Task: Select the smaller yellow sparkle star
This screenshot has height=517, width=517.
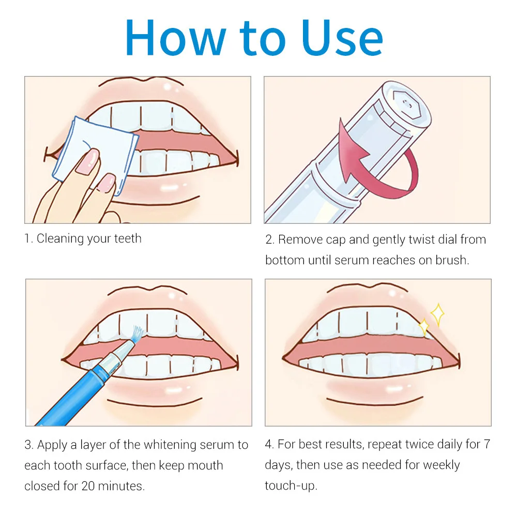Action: coord(424,327)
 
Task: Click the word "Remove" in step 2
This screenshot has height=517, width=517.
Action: coord(301,239)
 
